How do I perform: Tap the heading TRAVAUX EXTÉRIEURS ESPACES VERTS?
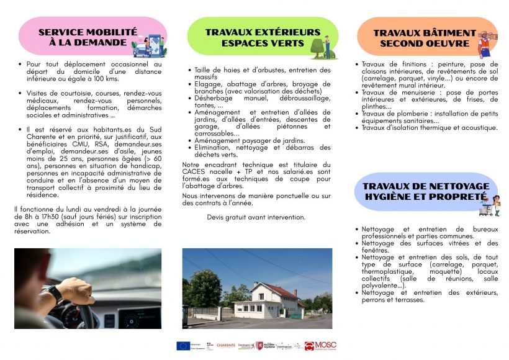coord(263,37)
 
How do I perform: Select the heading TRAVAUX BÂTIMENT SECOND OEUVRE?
coord(425,37)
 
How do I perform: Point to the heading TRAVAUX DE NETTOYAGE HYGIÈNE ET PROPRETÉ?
coord(425,191)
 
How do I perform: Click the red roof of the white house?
coord(280,290)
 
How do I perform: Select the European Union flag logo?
coord(182,346)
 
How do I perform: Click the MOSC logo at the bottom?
coord(322,345)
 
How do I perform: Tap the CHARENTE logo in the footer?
coord(226,346)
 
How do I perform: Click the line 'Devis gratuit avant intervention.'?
coord(256,217)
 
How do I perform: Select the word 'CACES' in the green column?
coord(195,171)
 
